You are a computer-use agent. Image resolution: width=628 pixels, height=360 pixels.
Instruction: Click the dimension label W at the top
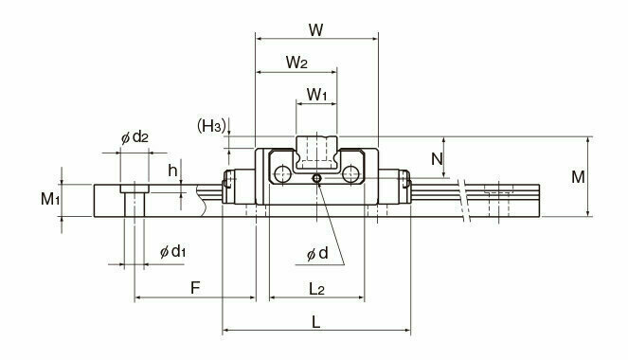click(x=317, y=29)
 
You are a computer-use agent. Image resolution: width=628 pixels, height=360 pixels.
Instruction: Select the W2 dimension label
click(x=296, y=63)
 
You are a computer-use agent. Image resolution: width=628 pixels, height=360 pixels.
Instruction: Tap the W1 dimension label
click(x=317, y=95)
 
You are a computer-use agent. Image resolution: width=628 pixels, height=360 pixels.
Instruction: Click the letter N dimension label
click(x=437, y=159)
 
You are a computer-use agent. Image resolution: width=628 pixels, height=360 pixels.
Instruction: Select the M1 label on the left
click(x=50, y=199)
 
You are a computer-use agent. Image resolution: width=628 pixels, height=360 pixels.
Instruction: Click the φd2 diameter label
click(x=135, y=137)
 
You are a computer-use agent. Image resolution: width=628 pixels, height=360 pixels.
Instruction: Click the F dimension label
click(x=194, y=285)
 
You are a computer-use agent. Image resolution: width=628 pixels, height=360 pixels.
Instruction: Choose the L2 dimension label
click(x=318, y=285)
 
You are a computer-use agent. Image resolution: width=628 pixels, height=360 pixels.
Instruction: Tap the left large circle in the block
click(x=282, y=173)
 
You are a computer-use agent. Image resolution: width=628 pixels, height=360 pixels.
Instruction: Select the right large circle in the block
click(x=352, y=173)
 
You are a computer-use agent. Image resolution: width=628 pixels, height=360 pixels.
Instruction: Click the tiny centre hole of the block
click(x=318, y=177)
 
